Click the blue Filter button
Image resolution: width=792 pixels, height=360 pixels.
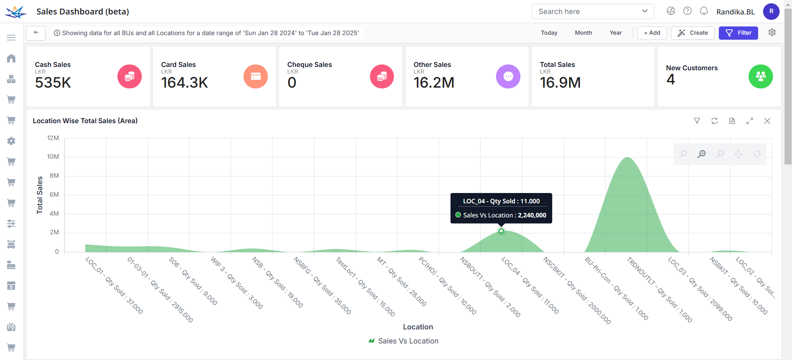[738, 33]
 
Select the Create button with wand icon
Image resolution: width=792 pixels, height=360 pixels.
[692, 33]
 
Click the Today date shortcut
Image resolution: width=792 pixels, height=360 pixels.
[549, 33]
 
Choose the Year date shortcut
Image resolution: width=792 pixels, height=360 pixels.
[615, 33]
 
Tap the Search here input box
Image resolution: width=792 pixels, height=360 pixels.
[587, 12]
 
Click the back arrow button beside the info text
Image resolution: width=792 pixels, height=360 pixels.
[36, 33]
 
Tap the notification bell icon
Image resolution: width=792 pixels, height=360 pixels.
[704, 11]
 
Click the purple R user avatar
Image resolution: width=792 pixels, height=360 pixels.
[771, 12]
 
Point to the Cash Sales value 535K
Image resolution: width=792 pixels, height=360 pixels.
[53, 83]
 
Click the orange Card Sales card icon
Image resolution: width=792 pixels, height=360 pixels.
[255, 76]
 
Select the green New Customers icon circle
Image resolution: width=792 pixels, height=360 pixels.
[760, 76]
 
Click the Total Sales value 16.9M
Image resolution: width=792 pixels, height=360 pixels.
[560, 83]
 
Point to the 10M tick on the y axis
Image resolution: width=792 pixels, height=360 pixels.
[53, 157]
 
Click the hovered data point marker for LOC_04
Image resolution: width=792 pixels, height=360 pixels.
[501, 231]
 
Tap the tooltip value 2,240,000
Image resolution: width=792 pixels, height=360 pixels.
[532, 215]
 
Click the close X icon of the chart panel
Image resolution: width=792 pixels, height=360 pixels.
[767, 121]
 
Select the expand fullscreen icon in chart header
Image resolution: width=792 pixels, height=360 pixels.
[749, 121]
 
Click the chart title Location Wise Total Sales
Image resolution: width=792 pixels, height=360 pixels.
[85, 121]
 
